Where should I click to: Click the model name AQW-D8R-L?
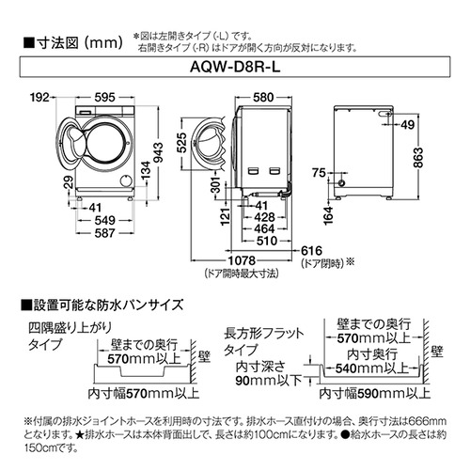pos(235,67)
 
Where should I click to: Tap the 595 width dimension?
pos(105,98)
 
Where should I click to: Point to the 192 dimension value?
pos(39,98)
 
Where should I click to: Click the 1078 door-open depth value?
pos(242,260)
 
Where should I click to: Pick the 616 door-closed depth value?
pos(311,251)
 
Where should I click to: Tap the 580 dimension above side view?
pos(263,98)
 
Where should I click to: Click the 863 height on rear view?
pos(418,158)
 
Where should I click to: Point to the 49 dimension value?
pos(408,125)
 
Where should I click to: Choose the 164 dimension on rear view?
pos(328,215)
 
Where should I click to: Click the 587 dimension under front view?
pos(104,233)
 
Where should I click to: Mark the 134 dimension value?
pos(146,171)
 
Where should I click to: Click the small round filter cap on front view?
pos(126,181)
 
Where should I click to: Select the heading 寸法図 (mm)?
pos(73,43)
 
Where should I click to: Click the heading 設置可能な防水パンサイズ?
pos(102,305)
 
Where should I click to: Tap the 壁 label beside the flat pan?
pos(437,352)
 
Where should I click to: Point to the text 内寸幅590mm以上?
pos(375,393)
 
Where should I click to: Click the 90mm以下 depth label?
pos(269,381)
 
